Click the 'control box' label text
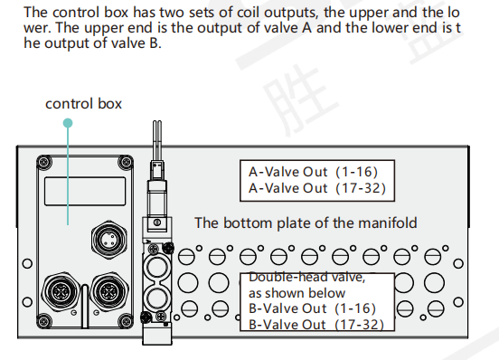[x=83, y=104]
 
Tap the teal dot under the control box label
[x=68, y=123]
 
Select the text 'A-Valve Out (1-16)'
[x=313, y=172]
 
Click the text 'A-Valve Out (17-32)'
[x=317, y=188]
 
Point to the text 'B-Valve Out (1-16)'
[x=312, y=308]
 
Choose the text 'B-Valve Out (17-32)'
[x=316, y=325]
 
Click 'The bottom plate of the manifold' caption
[x=306, y=223]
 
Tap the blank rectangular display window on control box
[x=85, y=191]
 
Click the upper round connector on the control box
[x=109, y=240]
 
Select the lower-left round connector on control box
[x=61, y=291]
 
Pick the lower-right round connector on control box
[x=109, y=291]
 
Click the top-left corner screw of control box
[x=44, y=162]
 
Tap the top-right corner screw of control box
[x=125, y=162]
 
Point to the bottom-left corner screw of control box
[x=44, y=321]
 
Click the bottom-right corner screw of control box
[x=125, y=321]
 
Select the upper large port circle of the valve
[x=156, y=267]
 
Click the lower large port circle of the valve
[x=156, y=298]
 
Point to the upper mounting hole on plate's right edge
[x=458, y=263]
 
